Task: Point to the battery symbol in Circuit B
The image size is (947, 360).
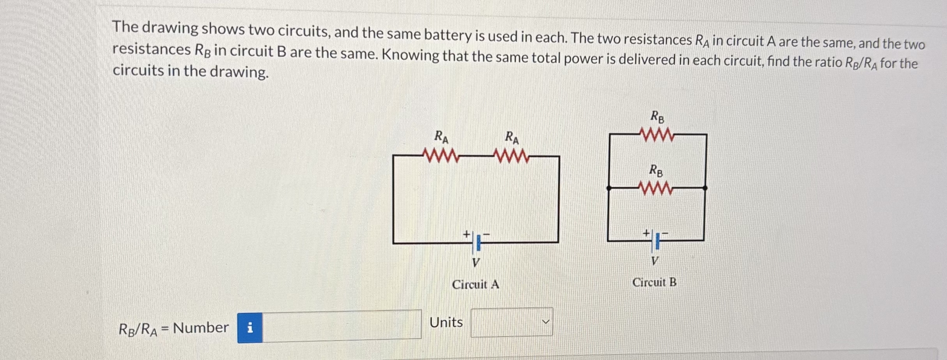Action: coord(655,241)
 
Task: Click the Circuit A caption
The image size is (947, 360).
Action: coord(475,284)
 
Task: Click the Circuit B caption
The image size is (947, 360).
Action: coord(654,282)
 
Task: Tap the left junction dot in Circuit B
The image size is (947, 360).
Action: coord(609,188)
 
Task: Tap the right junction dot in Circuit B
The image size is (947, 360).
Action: coord(705,188)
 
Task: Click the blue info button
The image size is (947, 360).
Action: coord(250,328)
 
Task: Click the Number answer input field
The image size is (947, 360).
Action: coord(342,325)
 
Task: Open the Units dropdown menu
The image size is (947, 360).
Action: coord(512,322)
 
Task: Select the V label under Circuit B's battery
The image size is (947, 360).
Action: coord(655,261)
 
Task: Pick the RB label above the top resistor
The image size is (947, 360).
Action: coord(657,116)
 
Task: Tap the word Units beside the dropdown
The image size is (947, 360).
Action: coord(446,322)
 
